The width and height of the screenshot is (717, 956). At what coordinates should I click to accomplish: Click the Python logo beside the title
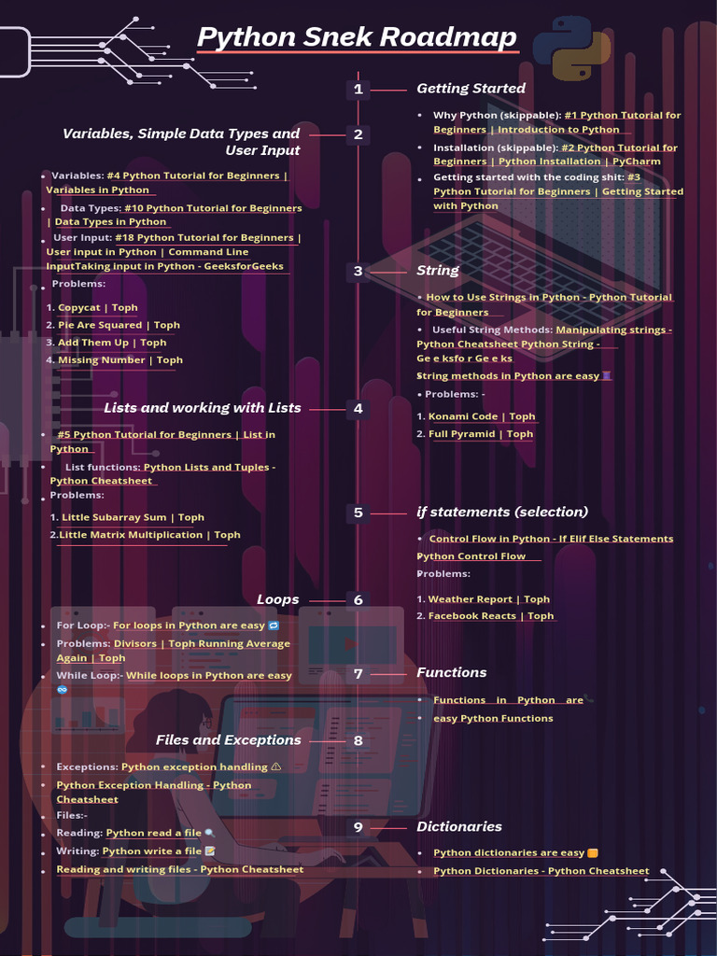coord(572,49)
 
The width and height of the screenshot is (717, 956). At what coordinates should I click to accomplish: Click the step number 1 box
coord(358,90)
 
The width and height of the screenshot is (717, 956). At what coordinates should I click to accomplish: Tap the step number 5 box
coord(358,513)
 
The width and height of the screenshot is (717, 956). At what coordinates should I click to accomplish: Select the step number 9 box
coord(358,827)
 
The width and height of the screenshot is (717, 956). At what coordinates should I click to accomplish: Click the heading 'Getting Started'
coord(471,89)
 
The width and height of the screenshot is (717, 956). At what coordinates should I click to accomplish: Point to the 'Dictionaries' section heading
coord(458,826)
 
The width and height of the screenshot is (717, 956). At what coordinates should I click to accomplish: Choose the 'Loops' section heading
coord(278,599)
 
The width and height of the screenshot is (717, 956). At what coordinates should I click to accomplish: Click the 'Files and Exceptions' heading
coord(229,740)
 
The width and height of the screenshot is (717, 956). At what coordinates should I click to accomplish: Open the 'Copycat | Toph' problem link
coord(97,307)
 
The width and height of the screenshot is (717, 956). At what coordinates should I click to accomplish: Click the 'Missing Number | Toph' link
coord(120,360)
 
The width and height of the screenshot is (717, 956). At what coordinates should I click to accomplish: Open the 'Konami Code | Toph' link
coord(482,416)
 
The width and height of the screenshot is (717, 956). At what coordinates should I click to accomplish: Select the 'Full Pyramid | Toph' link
coord(481,434)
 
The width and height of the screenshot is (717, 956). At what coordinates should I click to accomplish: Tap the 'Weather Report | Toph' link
coord(488,599)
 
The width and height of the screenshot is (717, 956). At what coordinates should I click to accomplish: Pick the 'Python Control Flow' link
coord(471,556)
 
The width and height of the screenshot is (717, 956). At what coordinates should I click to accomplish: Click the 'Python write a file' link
coord(152,851)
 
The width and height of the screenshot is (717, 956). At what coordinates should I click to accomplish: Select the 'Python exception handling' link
coord(194,767)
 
